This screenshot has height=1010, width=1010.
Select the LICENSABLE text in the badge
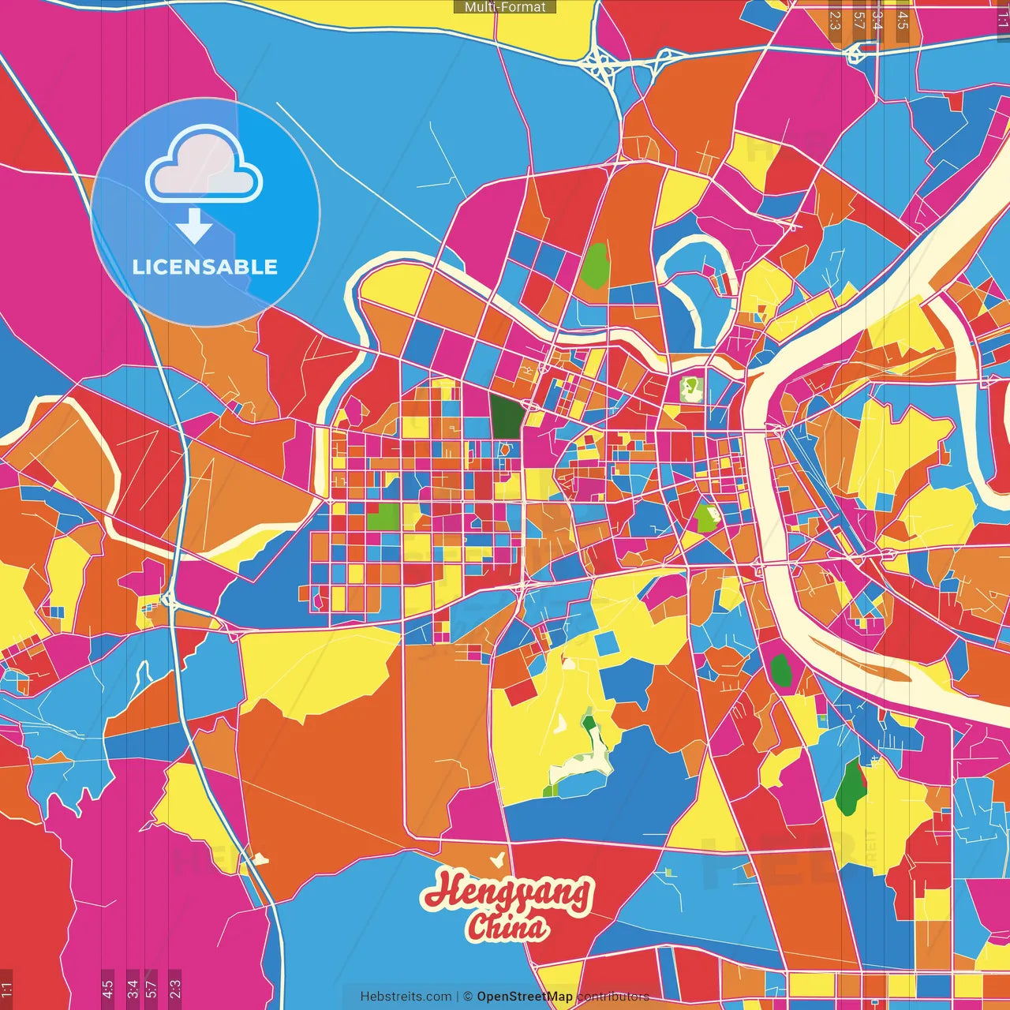[205, 267]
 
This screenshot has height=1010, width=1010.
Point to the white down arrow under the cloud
[194, 226]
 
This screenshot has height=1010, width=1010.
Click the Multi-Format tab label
[505, 7]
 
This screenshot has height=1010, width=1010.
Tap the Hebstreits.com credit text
[406, 997]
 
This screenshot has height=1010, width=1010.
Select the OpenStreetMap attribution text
[525, 997]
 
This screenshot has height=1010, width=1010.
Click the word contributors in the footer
[613, 997]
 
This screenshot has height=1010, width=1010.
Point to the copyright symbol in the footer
[467, 997]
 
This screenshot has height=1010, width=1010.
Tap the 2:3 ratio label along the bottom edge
[175, 988]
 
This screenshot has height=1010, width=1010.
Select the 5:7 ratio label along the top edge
[858, 20]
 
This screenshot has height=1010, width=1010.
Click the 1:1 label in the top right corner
[1002, 20]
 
